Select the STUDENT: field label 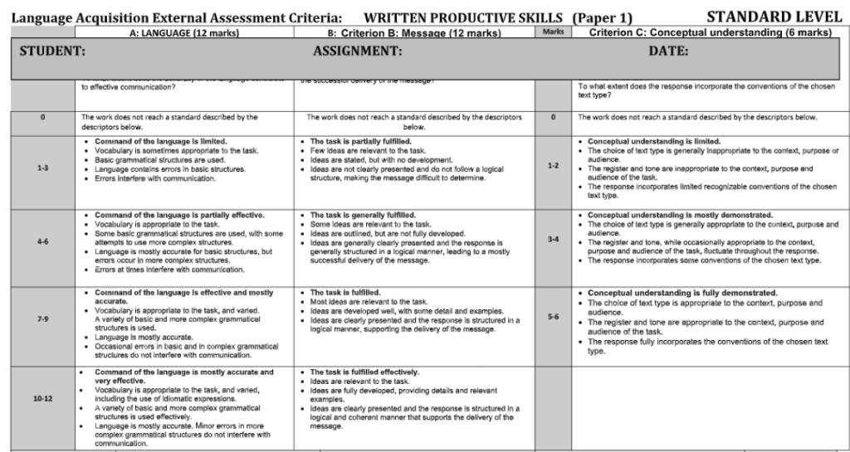click(52, 51)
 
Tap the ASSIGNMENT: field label click(358, 51)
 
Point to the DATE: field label click(668, 51)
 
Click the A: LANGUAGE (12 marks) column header click(180, 33)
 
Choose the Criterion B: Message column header click(413, 33)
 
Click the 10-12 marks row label click(43, 399)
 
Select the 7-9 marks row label click(43, 318)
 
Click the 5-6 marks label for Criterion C click(553, 317)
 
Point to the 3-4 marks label click(553, 239)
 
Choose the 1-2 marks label click(553, 166)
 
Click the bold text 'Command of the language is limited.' click(160, 141)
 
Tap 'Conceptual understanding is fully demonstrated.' click(682, 293)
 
